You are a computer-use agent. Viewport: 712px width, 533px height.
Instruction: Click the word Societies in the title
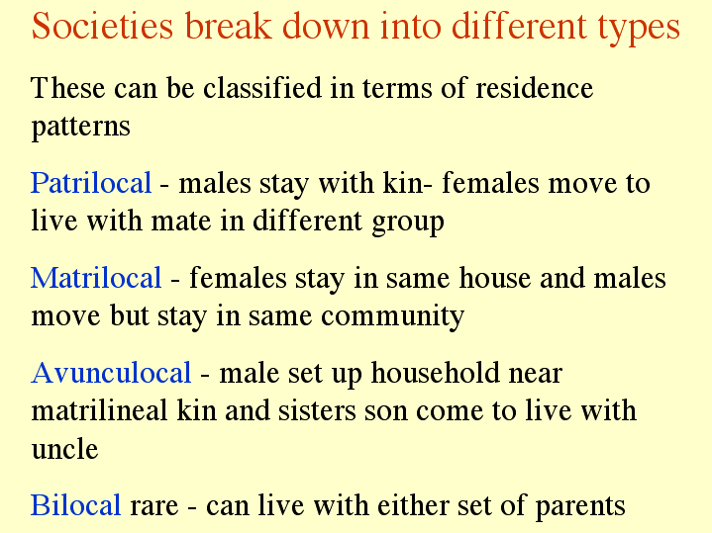coord(103,26)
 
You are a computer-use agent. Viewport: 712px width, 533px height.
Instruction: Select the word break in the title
coord(228,26)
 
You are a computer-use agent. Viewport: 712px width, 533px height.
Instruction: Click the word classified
coord(262,87)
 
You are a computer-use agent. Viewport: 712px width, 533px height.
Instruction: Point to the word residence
coord(534,88)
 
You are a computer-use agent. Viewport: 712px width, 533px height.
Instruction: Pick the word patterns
coord(81,127)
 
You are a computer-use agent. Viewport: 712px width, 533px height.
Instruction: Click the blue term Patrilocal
coord(91,182)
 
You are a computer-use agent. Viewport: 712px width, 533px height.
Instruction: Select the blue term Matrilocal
coord(96,277)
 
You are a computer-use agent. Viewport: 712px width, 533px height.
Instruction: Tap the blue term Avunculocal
coord(111,373)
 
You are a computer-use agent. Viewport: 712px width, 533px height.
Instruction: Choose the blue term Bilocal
coord(76,504)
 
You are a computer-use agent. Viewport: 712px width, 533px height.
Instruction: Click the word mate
coord(181,222)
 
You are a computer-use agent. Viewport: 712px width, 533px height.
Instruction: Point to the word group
coord(407,222)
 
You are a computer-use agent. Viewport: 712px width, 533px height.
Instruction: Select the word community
coord(392,316)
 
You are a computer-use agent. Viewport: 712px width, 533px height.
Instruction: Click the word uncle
coord(64,449)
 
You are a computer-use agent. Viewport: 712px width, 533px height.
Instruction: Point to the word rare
coord(153,506)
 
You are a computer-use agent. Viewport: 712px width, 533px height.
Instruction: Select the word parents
coord(580,506)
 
